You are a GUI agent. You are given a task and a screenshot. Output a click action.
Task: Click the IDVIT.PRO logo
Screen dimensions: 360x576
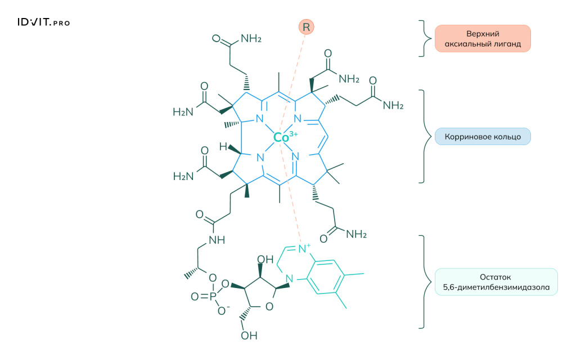43,22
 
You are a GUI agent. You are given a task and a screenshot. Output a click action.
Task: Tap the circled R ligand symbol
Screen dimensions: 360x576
306,26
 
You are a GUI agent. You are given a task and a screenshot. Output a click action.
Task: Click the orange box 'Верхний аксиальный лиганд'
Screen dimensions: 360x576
482,38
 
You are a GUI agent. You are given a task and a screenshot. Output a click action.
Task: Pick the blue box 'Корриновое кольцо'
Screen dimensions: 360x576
482,137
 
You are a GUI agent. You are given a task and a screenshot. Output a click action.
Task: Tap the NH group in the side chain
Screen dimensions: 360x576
216,240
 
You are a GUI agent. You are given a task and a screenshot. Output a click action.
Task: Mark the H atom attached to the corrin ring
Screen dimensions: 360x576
223,147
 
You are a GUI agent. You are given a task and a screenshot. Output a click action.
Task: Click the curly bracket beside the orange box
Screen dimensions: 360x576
422,38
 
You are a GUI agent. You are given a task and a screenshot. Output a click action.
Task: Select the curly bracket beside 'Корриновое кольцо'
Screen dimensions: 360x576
422,136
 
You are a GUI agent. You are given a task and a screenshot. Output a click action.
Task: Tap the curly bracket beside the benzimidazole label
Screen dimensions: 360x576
422,282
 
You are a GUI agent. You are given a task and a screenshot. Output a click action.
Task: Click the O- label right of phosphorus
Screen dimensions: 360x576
223,311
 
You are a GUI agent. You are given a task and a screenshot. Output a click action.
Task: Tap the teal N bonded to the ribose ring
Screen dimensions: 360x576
289,278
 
